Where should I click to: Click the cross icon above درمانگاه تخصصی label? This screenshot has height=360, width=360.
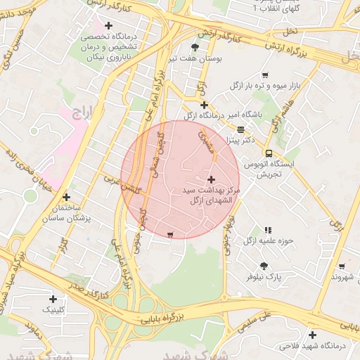tap(108, 25)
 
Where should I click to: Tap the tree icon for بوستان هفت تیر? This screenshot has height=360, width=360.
tap(195, 48)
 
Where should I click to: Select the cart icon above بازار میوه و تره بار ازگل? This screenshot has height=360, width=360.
tap(264, 75)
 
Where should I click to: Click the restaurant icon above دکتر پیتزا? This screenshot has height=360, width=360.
tap(241, 129)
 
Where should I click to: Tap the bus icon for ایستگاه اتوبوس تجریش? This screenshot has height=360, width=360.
tap(269, 153)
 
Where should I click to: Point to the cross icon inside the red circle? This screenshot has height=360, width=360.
tap(212, 179)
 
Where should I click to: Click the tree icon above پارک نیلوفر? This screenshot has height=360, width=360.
tap(264, 266)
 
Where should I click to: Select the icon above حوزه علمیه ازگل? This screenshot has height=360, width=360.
tap(268, 230)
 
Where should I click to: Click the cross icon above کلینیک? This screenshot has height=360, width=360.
tap(53, 298)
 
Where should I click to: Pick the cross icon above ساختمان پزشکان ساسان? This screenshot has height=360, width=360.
tap(66, 198)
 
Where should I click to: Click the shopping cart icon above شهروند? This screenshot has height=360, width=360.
tap(342, 266)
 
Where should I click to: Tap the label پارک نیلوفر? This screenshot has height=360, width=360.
tap(264, 278)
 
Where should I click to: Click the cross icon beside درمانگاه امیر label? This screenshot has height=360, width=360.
tap(204, 105)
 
